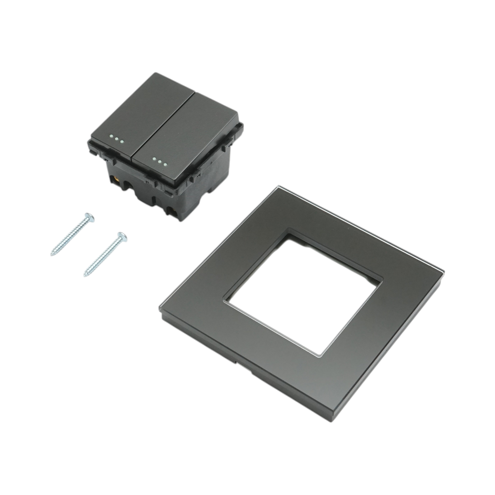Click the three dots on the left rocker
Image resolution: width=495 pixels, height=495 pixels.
pyautogui.click(x=117, y=139)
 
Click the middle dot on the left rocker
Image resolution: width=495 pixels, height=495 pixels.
pyautogui.click(x=117, y=139)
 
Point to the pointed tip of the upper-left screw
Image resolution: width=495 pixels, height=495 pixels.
pyautogui.click(x=52, y=255)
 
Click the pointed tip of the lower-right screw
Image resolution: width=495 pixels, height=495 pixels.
pyautogui.click(x=85, y=275)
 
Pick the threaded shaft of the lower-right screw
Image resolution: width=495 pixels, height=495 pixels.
pyautogui.click(x=103, y=256)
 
